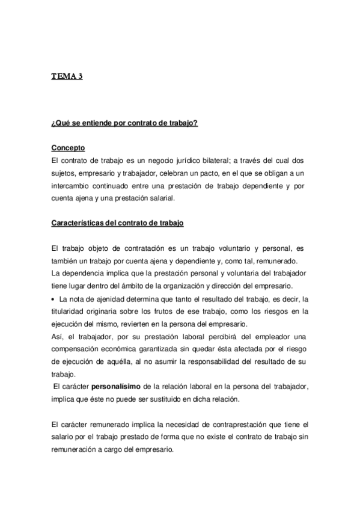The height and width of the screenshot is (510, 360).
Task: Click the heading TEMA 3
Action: pos(67,76)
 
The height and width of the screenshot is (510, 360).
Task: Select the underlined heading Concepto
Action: pos(69,147)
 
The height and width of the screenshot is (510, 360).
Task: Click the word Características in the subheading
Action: pos(79,223)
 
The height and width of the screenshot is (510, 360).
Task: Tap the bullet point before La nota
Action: pos(54,299)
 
